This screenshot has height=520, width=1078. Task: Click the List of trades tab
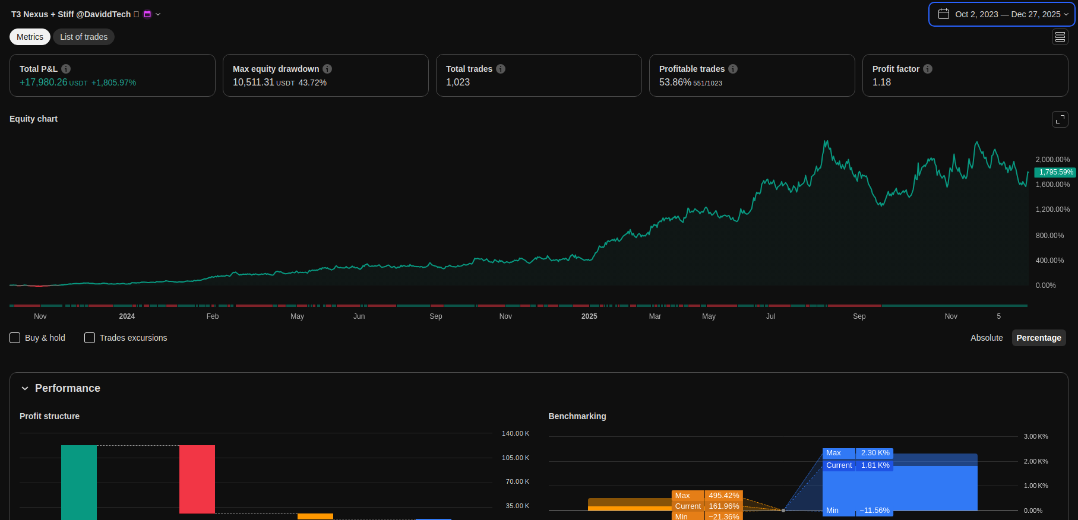pos(84,37)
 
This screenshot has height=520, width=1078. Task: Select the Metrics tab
pos(30,37)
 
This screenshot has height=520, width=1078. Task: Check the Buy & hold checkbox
pos(15,338)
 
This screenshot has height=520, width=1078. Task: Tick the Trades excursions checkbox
pos(90,338)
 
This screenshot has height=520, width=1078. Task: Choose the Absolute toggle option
pos(986,338)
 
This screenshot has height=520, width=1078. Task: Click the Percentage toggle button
pos(1038,338)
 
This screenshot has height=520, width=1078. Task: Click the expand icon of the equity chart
pos(1060,119)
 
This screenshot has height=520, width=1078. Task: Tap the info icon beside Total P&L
pos(66,69)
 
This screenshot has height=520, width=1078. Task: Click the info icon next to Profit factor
pos(928,69)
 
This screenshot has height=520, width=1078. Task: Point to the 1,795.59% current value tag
pos(1055,172)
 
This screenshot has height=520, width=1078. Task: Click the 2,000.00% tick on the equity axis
pos(1052,160)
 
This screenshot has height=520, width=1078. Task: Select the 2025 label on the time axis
pos(589,316)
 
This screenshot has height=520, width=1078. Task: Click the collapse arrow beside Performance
pos(25,388)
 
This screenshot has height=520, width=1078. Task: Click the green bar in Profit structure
pos(79,481)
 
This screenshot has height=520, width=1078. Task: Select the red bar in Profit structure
pos(197,478)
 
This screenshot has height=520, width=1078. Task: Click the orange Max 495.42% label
pos(707,496)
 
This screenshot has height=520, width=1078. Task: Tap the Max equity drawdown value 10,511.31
pos(254,83)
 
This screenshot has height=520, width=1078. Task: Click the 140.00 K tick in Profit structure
pos(515,433)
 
